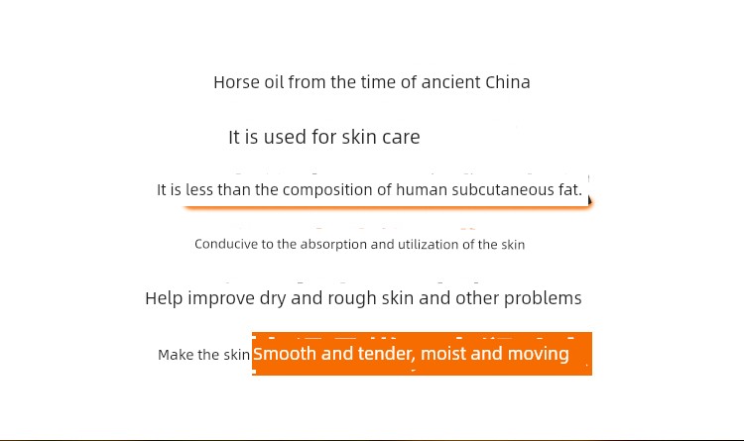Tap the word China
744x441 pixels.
(x=508, y=82)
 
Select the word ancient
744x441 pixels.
(x=451, y=82)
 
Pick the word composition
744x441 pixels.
(x=327, y=190)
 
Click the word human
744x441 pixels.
(x=422, y=189)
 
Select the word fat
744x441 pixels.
(x=569, y=189)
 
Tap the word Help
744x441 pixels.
(x=164, y=298)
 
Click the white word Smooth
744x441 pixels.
(x=285, y=354)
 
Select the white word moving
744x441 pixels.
(x=538, y=354)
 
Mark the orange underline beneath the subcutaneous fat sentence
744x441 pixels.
(x=387, y=207)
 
